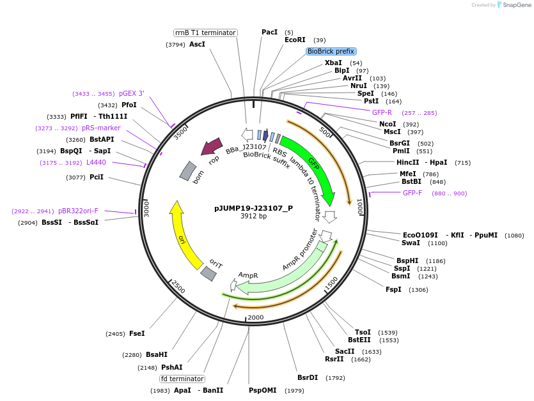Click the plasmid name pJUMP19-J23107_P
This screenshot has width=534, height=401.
point(253,208)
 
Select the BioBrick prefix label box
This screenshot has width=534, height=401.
point(331,51)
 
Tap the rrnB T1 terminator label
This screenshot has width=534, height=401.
point(205,33)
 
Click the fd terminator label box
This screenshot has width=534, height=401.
point(182,379)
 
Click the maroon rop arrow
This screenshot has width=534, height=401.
point(212,147)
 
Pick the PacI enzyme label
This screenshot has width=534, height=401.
point(269,32)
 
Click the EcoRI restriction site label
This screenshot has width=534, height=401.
point(295,40)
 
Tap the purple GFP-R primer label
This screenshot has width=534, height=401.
point(382,112)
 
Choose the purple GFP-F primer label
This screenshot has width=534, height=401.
point(412,193)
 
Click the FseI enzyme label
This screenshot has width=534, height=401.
point(137,333)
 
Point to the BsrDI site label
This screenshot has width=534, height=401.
point(308,377)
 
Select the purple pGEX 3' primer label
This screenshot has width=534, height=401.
point(132,93)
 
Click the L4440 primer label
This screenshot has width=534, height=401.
point(96,162)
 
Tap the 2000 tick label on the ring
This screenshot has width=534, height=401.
point(255,317)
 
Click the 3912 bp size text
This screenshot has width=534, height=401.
point(253,216)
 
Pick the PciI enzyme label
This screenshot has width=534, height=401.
point(96,177)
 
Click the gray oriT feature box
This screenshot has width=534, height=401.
point(208,273)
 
